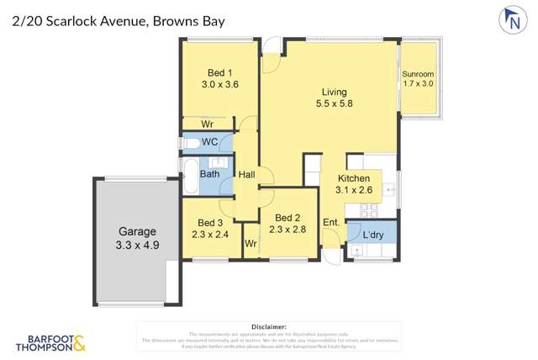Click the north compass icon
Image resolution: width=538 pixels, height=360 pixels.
pos(510,20)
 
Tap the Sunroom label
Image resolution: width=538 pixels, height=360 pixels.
pos(418,74)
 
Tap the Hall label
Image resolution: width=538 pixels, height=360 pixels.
pos(246,175)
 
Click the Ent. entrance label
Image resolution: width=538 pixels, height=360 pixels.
pos(331,222)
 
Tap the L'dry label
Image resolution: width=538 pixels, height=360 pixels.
pos(372,235)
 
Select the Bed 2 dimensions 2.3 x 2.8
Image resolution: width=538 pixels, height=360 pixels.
pos(288,228)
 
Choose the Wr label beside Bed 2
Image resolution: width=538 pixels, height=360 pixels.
pos(251,244)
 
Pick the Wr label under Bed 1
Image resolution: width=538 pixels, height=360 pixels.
pos(208,123)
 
